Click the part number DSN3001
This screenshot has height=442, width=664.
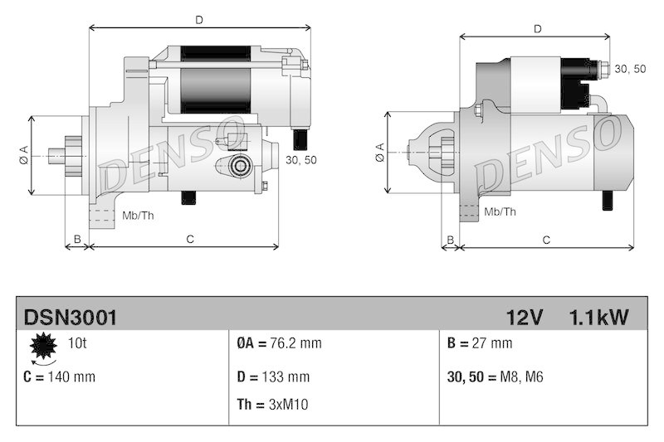(70, 317)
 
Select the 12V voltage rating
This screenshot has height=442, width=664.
(524, 317)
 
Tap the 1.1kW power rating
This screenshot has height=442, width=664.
(598, 317)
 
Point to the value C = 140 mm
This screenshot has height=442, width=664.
(60, 376)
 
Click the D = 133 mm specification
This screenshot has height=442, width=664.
(273, 376)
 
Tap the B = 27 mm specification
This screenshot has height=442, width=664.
(479, 343)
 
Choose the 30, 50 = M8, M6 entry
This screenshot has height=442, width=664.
(496, 376)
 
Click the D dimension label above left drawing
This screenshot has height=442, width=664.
(198, 18)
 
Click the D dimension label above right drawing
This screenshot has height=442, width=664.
(538, 29)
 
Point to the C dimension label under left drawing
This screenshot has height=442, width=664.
(189, 240)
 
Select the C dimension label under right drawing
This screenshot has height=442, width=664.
(546, 240)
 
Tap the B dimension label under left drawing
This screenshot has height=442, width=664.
(76, 240)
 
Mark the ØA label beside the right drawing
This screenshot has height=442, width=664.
(378, 152)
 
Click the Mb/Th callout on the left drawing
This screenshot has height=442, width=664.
(137, 216)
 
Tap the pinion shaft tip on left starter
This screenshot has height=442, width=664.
(55, 155)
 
